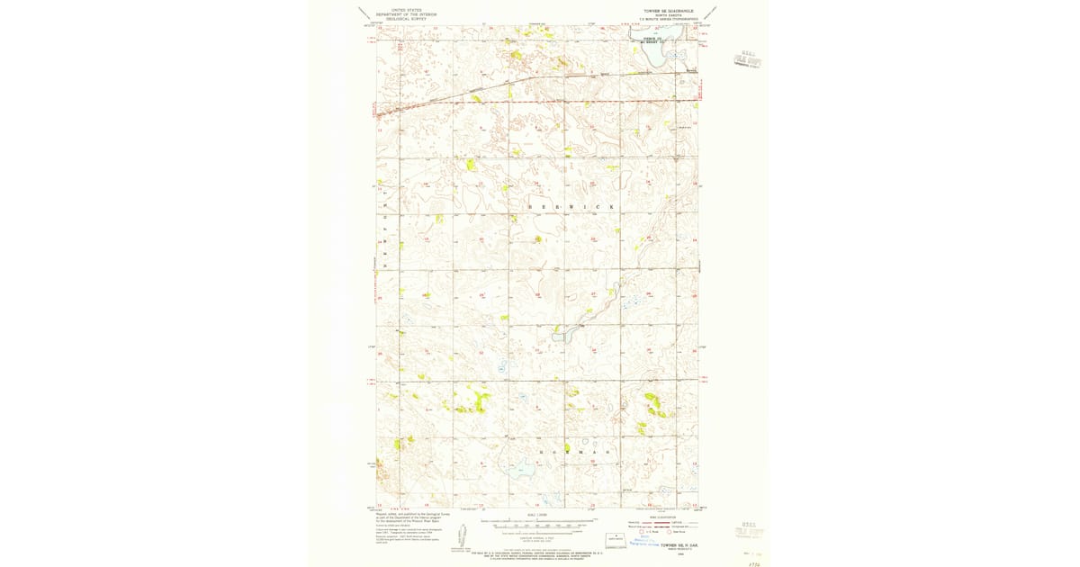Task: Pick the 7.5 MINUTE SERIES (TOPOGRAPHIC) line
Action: click(664, 18)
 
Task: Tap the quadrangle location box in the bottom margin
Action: click(616, 540)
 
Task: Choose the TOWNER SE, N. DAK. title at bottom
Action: click(679, 544)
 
